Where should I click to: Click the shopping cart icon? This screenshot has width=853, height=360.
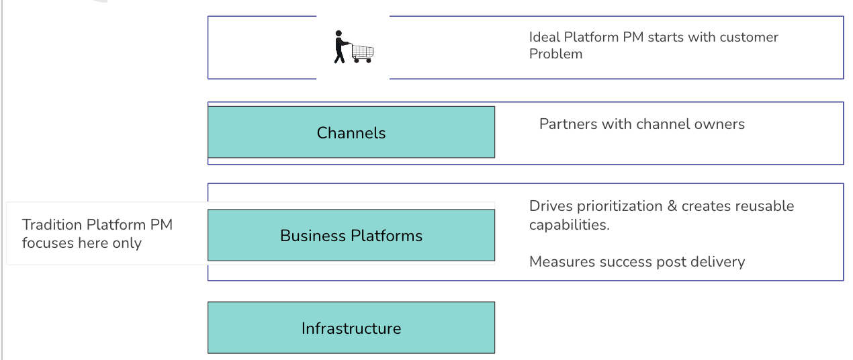tap(362, 52)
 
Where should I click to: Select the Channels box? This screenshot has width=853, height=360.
tap(351, 132)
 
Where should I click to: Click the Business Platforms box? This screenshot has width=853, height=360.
tap(351, 235)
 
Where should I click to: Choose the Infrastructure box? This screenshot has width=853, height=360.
tap(351, 328)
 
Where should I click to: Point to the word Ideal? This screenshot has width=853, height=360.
tap(545, 37)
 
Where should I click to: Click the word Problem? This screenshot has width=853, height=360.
tap(555, 54)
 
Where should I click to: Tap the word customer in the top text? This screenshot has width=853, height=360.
tap(749, 37)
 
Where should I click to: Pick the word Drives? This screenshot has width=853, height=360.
tap(550, 206)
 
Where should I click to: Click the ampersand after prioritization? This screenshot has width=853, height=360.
tap(672, 206)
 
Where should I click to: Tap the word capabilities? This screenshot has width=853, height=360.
tap(569, 225)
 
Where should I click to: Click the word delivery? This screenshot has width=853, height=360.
tap(719, 261)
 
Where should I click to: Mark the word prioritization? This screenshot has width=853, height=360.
tap(621, 206)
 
